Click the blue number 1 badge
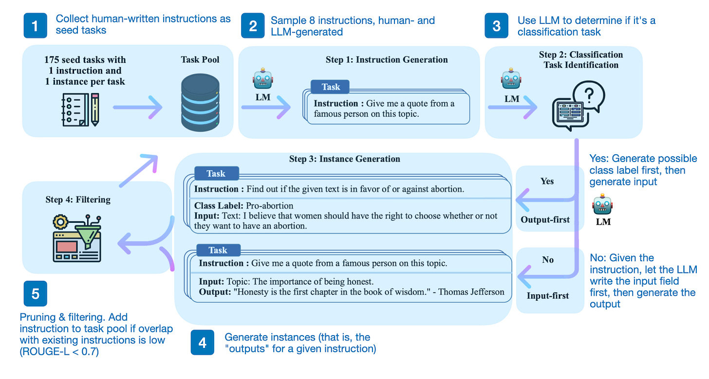click(x=36, y=25)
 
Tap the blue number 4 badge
click(x=202, y=343)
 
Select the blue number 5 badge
click(x=36, y=293)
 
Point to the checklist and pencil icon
click(x=80, y=109)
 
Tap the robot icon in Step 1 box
click(x=263, y=79)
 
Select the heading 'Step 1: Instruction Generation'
click(x=387, y=60)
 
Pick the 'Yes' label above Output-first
click(x=547, y=181)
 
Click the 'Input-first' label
click(x=547, y=295)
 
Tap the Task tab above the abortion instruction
click(x=216, y=174)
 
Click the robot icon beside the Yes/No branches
click(x=603, y=207)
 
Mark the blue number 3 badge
click(x=496, y=25)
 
